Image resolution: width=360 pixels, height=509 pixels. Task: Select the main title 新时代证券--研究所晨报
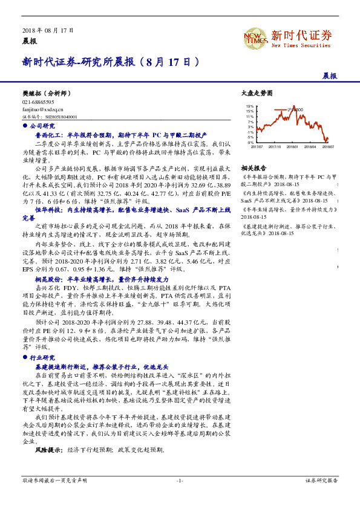coord(110,62)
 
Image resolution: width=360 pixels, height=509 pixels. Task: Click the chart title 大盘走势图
coord(257,93)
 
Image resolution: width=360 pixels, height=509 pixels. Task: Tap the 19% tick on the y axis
coord(250,106)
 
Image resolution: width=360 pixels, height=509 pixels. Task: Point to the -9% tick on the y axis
coord(250,142)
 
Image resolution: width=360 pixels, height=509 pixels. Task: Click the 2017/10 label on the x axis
coord(275,146)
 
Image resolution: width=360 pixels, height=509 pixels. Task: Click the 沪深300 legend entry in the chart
coord(295,109)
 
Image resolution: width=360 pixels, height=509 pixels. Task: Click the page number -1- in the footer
coord(180,480)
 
